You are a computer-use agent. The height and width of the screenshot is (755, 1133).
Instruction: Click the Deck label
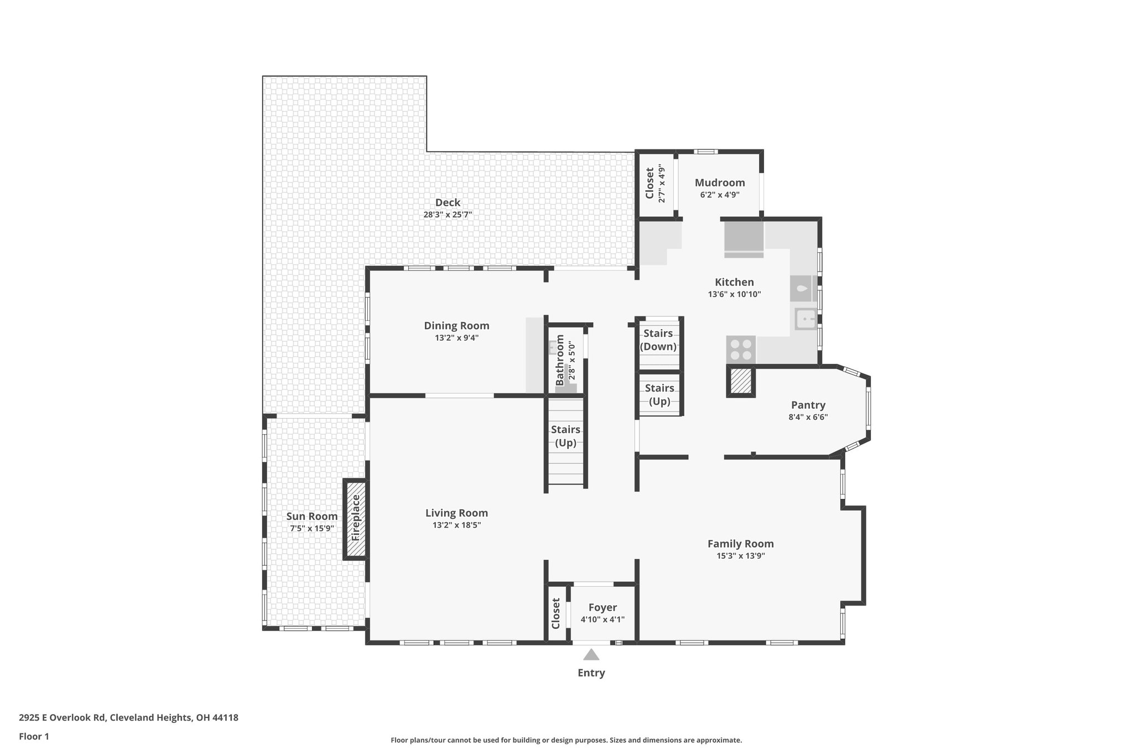(x=448, y=202)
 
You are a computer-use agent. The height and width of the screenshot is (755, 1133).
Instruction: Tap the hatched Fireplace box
(x=356, y=518)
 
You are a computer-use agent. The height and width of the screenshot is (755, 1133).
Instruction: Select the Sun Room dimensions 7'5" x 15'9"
(x=311, y=528)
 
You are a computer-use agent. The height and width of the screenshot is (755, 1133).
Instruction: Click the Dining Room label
(x=456, y=326)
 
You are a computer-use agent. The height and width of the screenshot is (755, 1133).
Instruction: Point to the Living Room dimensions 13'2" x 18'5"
(x=456, y=525)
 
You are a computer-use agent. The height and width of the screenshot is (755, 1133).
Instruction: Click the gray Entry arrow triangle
(x=591, y=655)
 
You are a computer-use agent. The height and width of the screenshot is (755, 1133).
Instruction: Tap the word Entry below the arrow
(x=591, y=673)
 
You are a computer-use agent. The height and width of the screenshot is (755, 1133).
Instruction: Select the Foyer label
(x=602, y=607)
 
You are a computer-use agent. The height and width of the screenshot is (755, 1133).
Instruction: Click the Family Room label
(x=740, y=544)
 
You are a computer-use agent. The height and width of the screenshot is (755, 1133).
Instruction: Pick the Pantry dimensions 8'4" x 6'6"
(x=808, y=417)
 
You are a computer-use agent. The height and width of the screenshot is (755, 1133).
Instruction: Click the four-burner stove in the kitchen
(x=741, y=350)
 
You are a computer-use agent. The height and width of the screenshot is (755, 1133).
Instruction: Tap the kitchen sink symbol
(x=805, y=319)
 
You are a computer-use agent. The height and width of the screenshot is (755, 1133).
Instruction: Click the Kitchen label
(x=734, y=282)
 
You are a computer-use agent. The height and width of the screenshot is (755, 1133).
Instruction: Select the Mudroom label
(x=719, y=183)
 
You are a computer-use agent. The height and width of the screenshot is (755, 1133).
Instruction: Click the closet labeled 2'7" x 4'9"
(x=655, y=184)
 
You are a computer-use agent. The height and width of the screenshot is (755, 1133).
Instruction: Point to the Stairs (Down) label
(x=658, y=340)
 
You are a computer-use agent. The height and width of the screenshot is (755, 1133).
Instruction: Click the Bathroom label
(x=560, y=360)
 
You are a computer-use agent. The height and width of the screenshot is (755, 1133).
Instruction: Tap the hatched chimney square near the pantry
(x=740, y=382)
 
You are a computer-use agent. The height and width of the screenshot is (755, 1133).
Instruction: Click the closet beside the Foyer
(x=556, y=613)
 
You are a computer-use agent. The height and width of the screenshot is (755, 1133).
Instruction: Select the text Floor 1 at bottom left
(x=34, y=736)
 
